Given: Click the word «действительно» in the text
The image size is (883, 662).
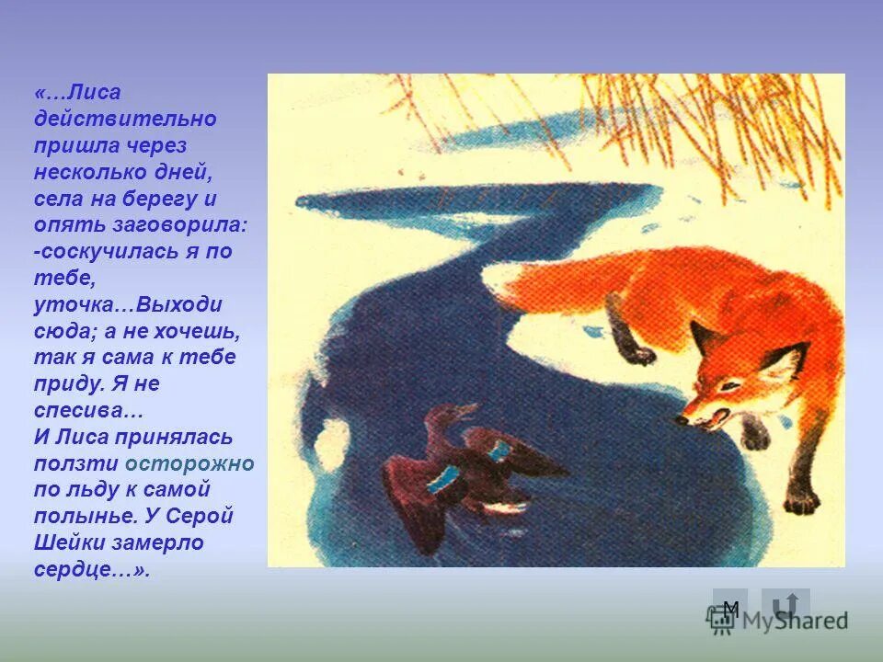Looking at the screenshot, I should (125, 120).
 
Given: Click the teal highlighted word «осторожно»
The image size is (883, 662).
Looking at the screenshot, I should (189, 463).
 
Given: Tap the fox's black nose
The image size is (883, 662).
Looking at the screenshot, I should (682, 419).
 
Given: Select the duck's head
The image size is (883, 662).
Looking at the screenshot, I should (443, 414).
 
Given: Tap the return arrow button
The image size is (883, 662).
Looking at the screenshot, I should (785, 605).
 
